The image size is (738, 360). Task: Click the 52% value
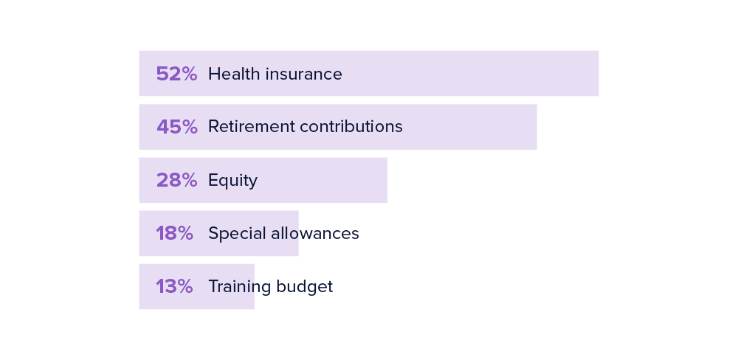click(x=176, y=74)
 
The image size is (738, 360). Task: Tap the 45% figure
click(x=176, y=127)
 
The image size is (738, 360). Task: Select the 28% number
click(x=176, y=180)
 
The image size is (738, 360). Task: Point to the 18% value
click(x=174, y=233)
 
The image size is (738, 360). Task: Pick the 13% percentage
click(x=174, y=286)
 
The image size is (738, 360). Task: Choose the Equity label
click(x=232, y=181)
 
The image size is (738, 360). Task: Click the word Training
click(x=237, y=287)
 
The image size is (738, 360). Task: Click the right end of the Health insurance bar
click(x=596, y=74)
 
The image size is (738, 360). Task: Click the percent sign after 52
click(x=189, y=74)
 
